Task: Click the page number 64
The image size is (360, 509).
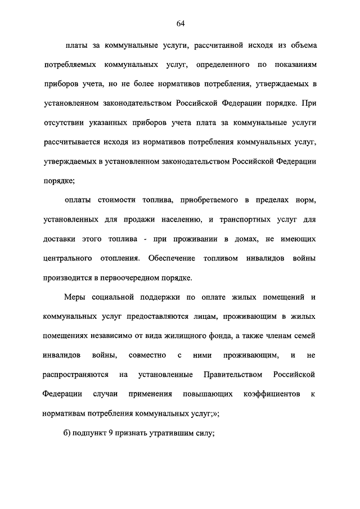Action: coord(180,23)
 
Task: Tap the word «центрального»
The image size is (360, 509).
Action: coord(67,259)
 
